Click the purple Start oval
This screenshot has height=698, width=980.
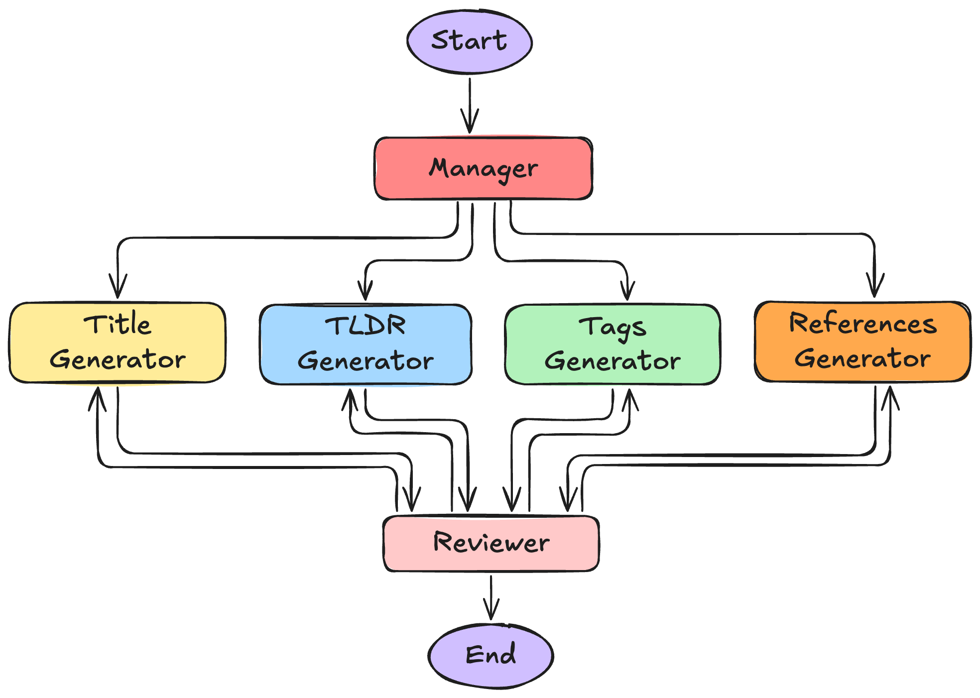coord(469,41)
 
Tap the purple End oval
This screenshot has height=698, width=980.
coord(490,655)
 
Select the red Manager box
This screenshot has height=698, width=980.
coord(483,168)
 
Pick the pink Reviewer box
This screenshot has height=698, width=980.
coord(491,543)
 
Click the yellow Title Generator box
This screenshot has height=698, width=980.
coord(118,343)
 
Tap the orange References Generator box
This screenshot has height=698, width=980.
coord(862,342)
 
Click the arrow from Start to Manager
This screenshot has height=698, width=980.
coord(470,105)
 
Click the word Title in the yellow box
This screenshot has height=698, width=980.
coord(118,325)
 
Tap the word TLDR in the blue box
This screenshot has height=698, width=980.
coord(366,327)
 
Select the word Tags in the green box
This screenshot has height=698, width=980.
coord(612,328)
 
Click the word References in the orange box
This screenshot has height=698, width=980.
coord(862,324)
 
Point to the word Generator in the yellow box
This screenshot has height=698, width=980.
coord(118,359)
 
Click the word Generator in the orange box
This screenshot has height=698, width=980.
coord(862,358)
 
